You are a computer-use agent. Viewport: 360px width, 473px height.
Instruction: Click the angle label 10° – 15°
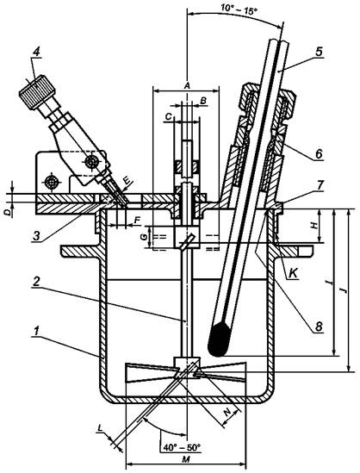click(x=239, y=7)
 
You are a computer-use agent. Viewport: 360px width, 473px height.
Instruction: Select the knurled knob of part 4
click(x=37, y=90)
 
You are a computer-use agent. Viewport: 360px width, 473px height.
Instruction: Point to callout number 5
click(x=319, y=52)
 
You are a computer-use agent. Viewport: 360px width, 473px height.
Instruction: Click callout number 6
click(x=319, y=153)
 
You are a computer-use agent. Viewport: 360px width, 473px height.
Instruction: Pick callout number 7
click(x=320, y=185)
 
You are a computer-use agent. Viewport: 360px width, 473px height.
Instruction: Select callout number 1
click(x=36, y=331)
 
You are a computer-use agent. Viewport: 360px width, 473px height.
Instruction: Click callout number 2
click(x=36, y=282)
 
